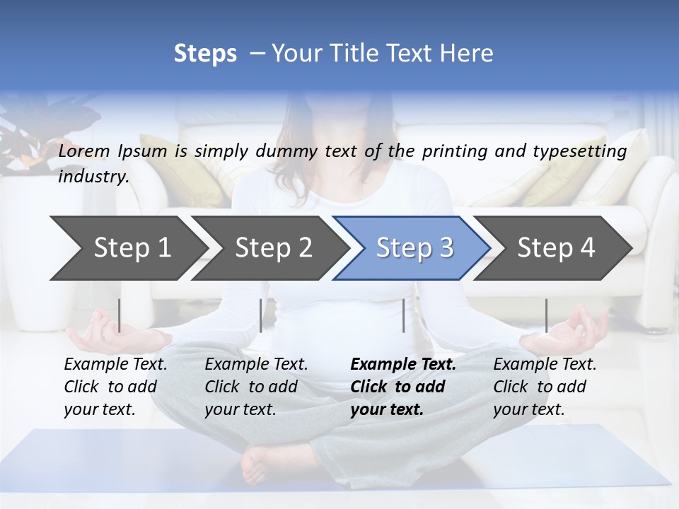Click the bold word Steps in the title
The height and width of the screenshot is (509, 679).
click(x=205, y=54)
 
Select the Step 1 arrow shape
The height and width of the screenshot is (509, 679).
click(x=127, y=248)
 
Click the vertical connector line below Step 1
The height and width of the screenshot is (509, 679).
click(x=120, y=315)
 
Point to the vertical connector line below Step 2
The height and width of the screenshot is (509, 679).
click(x=261, y=315)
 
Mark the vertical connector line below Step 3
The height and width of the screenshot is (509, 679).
click(x=403, y=315)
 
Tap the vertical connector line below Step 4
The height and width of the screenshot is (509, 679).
click(x=546, y=315)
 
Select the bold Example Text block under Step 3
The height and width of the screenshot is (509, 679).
click(x=403, y=387)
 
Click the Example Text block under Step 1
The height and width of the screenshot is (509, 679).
click(x=115, y=387)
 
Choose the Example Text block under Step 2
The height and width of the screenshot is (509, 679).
click(x=256, y=387)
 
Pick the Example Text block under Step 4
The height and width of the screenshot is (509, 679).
click(x=545, y=387)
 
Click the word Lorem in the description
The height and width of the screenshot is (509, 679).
click(x=84, y=151)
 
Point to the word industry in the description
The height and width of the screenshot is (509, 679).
click(x=93, y=177)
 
